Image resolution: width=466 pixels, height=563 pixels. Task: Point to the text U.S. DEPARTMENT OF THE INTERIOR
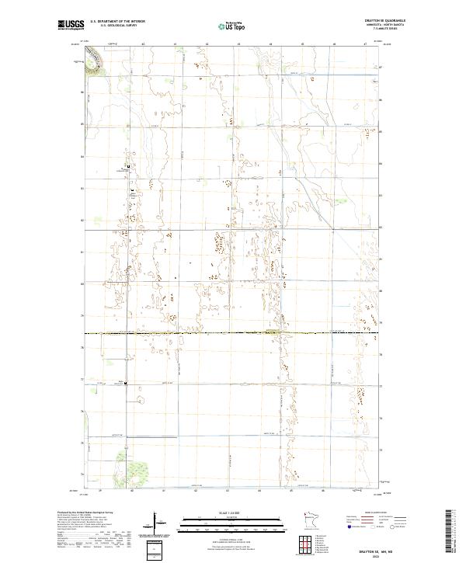(117, 23)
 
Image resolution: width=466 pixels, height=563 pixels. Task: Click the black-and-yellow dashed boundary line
(233, 334)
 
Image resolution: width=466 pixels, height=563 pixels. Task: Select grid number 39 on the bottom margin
(100, 491)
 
